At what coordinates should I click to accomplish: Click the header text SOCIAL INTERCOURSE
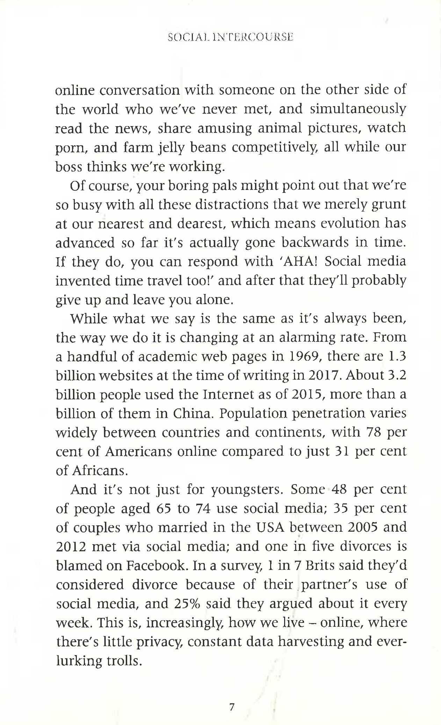pyautogui.click(x=230, y=37)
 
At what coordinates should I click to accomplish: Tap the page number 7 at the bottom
pyautogui.click(x=231, y=707)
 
